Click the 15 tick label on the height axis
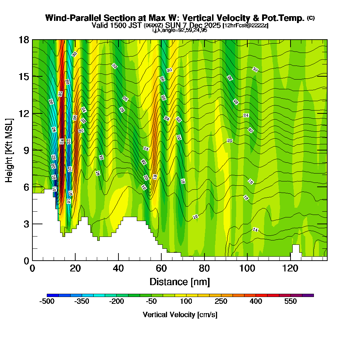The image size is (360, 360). click(24, 76)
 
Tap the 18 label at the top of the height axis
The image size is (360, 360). click(24, 40)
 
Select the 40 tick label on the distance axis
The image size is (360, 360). click(118, 268)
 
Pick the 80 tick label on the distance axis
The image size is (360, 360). click(204, 268)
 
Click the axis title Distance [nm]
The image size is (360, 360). click(180, 282)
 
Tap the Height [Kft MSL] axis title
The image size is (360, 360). click(9, 150)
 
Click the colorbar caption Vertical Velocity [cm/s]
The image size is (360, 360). click(180, 315)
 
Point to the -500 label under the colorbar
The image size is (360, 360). click(46, 301)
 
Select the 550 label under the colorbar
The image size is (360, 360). click(291, 301)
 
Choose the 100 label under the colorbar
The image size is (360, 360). click(186, 301)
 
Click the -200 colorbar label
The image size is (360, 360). click(116, 301)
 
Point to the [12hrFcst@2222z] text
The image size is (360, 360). click(245, 26)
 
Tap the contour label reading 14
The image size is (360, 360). click(255, 230)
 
